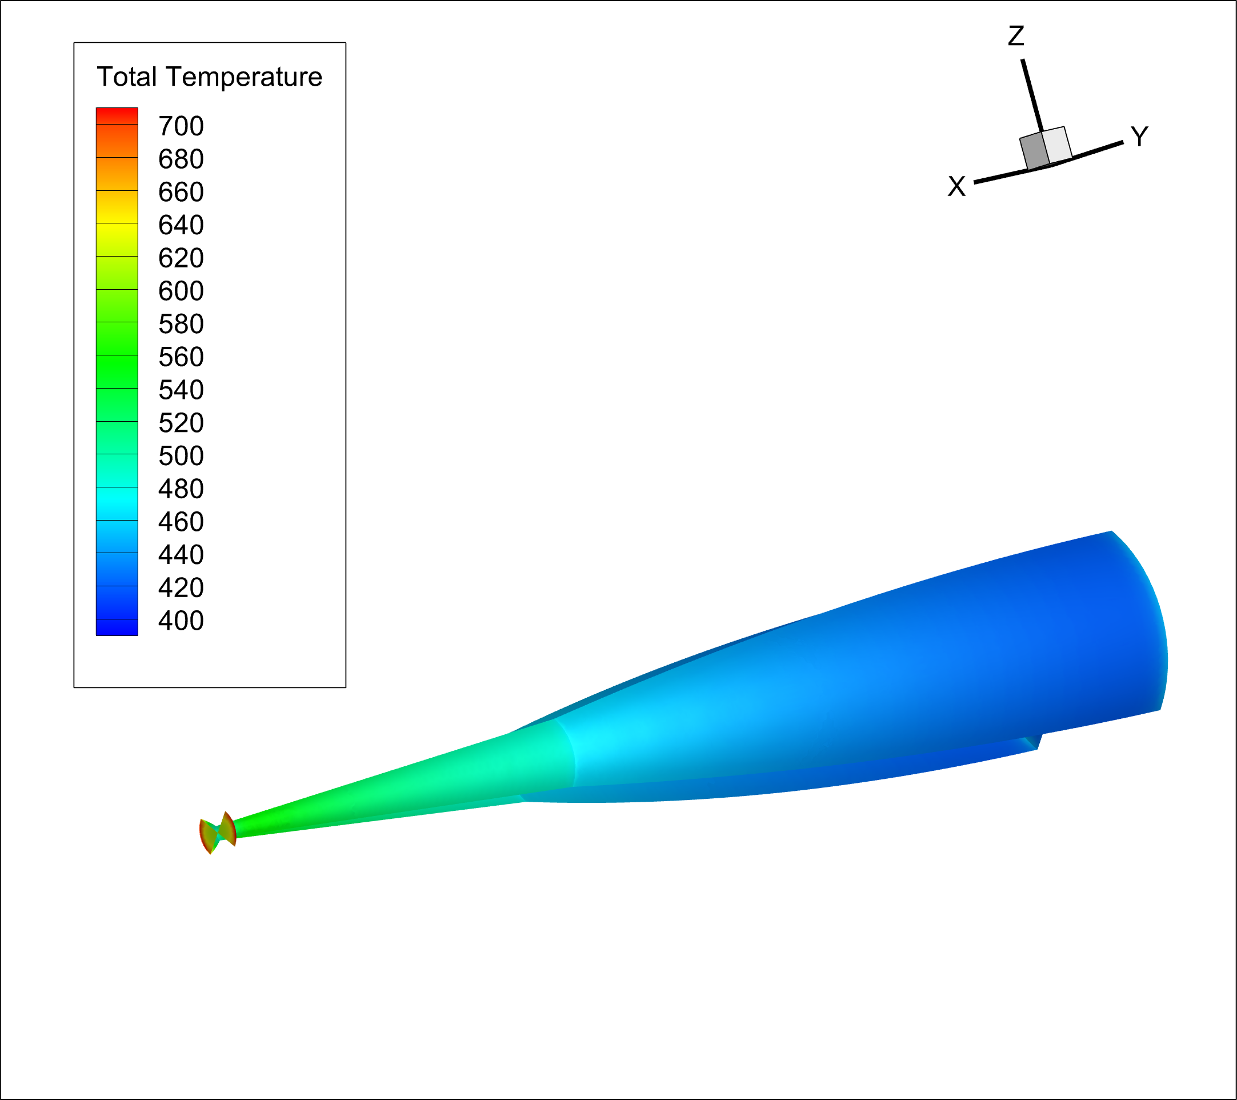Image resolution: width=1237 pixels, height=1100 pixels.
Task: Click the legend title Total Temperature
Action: [209, 77]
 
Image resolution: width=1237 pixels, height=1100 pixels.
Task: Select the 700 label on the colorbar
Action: [181, 126]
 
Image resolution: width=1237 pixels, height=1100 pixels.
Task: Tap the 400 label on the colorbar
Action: [181, 621]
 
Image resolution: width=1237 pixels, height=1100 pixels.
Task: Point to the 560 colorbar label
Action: [181, 357]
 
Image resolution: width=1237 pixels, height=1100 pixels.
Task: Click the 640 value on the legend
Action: [181, 225]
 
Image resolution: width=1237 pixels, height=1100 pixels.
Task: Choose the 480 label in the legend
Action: [181, 489]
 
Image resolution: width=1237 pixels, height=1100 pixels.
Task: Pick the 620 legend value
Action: [181, 258]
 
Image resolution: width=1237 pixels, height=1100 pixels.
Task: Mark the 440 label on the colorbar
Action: [181, 554]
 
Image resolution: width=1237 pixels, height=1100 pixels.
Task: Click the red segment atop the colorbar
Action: [117, 115]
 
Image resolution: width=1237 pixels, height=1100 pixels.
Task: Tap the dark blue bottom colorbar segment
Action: [117, 627]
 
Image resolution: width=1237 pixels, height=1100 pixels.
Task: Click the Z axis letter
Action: [1015, 37]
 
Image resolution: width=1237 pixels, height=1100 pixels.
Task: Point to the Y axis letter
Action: [1139, 137]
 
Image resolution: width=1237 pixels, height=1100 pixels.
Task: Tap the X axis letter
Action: [956, 186]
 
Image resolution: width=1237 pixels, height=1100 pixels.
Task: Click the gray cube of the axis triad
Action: [1045, 149]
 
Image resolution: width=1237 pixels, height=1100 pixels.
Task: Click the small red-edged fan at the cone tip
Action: [217, 833]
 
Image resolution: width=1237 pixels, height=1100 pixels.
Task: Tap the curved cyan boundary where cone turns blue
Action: [569, 751]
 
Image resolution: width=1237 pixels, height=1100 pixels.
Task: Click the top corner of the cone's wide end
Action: [1111, 532]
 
